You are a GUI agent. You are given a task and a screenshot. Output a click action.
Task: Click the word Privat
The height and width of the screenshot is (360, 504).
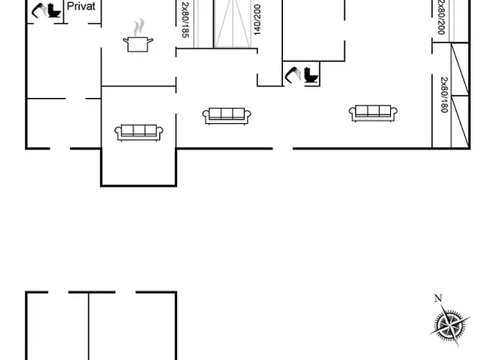pyautogui.click(x=81, y=6)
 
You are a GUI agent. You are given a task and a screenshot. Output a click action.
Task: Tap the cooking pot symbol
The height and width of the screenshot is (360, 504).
pyautogui.click(x=138, y=44)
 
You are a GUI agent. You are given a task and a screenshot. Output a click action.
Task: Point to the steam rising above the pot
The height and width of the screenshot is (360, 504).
pyautogui.click(x=139, y=27)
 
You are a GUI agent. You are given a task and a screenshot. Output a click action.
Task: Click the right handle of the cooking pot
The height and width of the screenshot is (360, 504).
pyautogui.click(x=150, y=40)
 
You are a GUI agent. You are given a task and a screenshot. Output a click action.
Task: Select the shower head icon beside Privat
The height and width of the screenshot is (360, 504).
pyautogui.click(x=39, y=10)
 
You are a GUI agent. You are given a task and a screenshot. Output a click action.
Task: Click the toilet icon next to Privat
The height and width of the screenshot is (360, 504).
pyautogui.click(x=55, y=10)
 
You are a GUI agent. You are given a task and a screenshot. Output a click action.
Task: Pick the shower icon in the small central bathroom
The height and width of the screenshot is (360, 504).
pyautogui.click(x=293, y=75)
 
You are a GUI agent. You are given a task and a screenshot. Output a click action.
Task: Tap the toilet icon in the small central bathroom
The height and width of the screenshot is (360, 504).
pyautogui.click(x=311, y=76)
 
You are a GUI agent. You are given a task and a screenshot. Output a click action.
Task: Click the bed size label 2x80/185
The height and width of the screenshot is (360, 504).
pyautogui.click(x=185, y=19)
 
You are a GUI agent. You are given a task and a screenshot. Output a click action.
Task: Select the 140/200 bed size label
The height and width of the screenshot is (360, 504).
pyautogui.click(x=257, y=19)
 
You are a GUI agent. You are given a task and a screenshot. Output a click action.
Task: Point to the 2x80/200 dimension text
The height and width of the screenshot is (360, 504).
pyautogui.click(x=441, y=17)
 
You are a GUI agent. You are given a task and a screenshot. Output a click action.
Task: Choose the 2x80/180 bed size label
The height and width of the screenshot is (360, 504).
pyautogui.click(x=444, y=95)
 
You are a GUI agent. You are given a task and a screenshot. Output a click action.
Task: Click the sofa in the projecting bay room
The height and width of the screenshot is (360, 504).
pyautogui.click(x=139, y=132)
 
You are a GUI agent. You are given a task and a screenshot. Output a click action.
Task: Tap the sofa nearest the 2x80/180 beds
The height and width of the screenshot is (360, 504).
pyautogui.click(x=373, y=113)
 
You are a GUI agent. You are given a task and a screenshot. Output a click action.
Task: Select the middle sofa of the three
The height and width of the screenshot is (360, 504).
pyautogui.click(x=227, y=116)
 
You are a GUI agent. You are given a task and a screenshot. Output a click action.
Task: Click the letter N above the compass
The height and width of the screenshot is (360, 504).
pyautogui.click(x=438, y=298)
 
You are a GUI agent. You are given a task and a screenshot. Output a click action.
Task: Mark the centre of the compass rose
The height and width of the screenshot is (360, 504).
pyautogui.click(x=450, y=325)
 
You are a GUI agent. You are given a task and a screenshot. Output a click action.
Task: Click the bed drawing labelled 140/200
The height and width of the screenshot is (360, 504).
pyautogui.click(x=233, y=24)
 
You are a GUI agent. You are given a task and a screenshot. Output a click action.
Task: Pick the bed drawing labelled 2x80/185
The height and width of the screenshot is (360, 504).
pyautogui.click(x=200, y=24)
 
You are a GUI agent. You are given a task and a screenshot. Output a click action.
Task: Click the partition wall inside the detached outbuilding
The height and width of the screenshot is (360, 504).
pyautogui.click(x=89, y=326)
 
